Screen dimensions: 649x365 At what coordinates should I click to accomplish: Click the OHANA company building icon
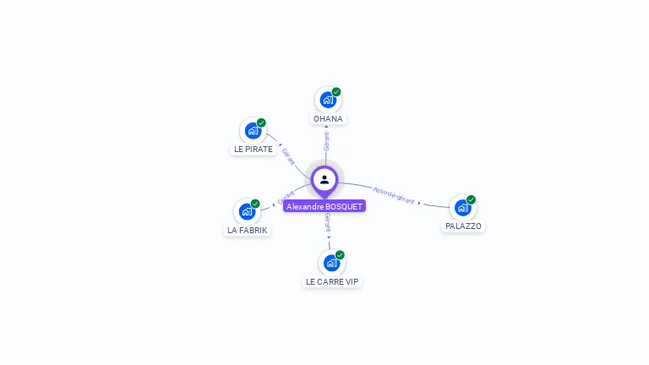coord(328,100)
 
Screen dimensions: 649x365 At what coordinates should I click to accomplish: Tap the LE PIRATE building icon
coord(253,130)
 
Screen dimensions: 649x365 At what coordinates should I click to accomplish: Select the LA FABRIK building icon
coord(247,211)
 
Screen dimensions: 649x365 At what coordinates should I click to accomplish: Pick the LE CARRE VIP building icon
coord(331,263)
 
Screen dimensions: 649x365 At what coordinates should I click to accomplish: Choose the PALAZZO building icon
coord(462,207)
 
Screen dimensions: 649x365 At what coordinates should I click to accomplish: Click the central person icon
coord(324,179)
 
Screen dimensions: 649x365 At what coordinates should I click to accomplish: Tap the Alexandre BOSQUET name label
coord(324,206)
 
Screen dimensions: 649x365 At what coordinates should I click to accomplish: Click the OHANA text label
coord(328,119)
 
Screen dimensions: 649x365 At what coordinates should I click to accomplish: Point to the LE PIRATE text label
coord(254,150)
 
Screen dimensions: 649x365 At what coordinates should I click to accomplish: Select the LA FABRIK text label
coord(248,230)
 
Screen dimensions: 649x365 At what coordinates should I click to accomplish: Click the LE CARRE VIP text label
coord(332,281)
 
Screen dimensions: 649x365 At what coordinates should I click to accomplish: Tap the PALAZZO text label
coord(463,226)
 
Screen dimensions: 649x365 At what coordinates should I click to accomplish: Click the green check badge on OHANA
coord(336,92)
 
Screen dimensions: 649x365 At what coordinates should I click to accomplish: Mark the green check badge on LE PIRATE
coord(261,123)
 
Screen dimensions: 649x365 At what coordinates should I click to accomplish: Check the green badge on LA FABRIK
coord(255,204)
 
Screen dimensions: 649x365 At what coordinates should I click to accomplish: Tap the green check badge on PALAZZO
coord(471,199)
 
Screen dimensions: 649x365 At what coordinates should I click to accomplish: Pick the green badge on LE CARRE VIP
coord(340,255)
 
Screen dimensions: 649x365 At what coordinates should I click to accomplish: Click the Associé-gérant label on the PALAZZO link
coord(394,195)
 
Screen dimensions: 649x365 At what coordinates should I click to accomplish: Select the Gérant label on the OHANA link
coord(326,141)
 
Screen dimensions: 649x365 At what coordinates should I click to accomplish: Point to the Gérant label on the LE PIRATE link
coord(288,156)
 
